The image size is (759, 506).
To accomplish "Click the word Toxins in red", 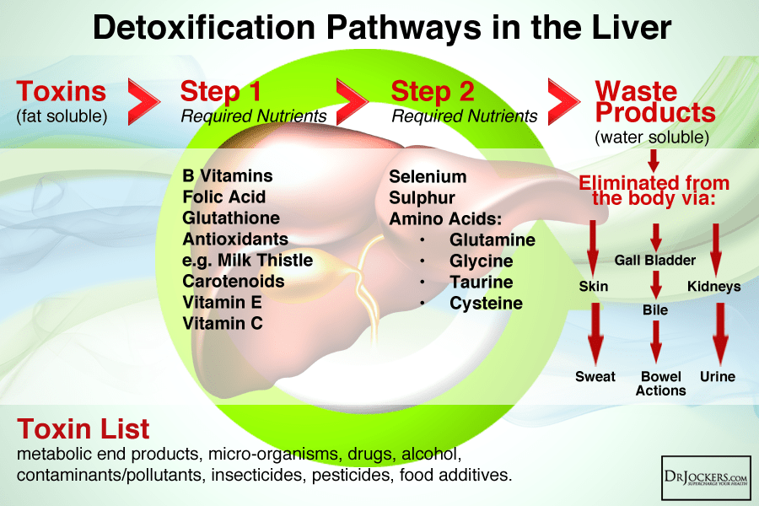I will pyautogui.click(x=62, y=91).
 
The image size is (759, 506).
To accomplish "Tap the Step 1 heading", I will pyautogui.click(x=221, y=91).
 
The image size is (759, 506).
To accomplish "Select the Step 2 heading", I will pyautogui.click(x=432, y=91).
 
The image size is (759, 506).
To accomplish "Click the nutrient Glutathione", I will pyautogui.click(x=229, y=218).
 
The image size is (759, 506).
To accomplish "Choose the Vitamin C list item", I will pyautogui.click(x=223, y=323).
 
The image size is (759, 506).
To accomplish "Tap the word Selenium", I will pyautogui.click(x=428, y=177).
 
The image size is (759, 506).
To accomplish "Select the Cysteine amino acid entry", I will pyautogui.click(x=486, y=303).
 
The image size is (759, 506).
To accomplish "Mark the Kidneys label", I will pyautogui.click(x=713, y=287).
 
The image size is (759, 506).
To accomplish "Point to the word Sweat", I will pyautogui.click(x=595, y=376).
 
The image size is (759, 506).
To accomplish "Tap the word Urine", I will pyautogui.click(x=718, y=376).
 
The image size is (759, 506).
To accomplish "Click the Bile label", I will pyautogui.click(x=655, y=310).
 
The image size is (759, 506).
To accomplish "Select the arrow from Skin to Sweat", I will pyautogui.click(x=595, y=333).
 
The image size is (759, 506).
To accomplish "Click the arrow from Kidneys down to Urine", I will pyautogui.click(x=719, y=333).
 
